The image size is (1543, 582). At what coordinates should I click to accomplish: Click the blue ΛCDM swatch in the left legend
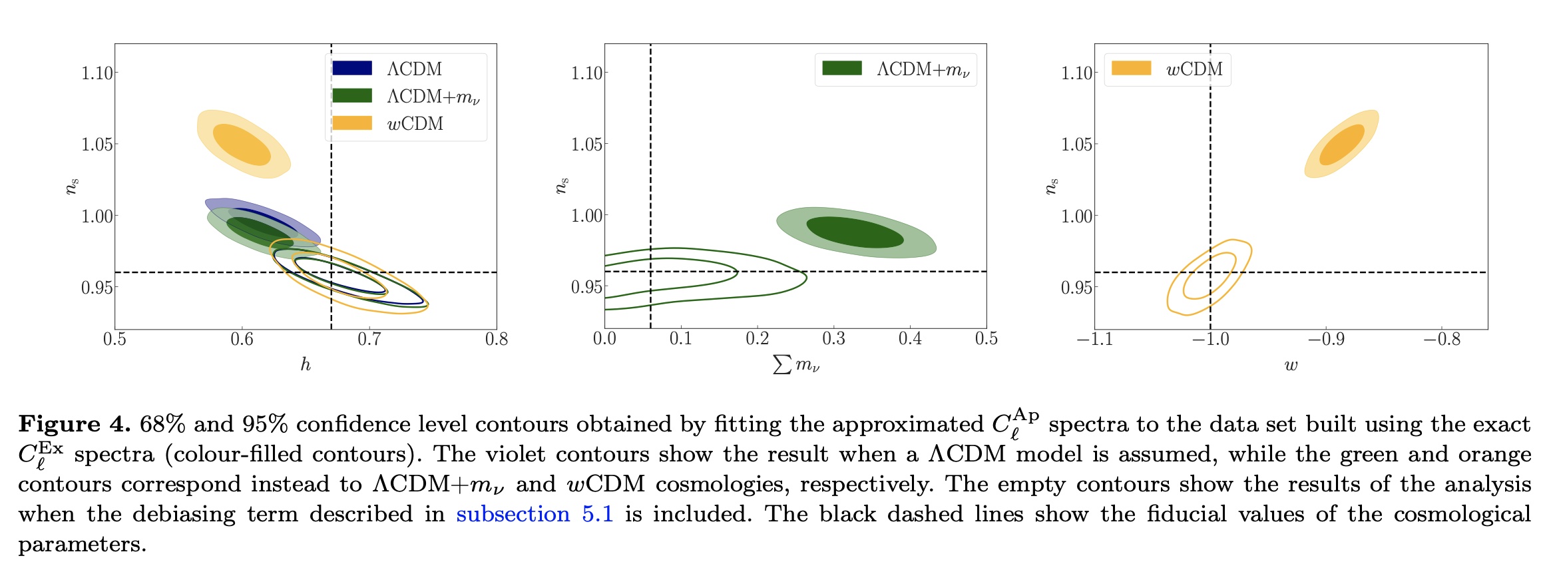coord(352,68)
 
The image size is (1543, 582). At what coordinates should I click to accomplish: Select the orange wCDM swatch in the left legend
coord(352,123)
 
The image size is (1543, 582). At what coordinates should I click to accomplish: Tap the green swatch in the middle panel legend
coord(842,68)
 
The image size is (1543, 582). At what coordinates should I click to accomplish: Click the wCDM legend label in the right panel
coord(1194,69)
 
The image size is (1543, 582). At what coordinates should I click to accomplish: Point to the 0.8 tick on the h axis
coord(497,340)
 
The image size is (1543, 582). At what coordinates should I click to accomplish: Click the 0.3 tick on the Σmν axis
coord(833,340)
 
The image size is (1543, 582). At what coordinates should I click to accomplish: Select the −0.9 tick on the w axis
coord(1325,340)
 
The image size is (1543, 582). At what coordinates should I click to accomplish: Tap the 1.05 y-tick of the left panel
coord(97,145)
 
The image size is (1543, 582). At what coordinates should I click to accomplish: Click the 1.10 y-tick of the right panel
coord(1076,73)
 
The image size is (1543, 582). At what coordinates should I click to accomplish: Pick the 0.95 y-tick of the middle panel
coord(587,287)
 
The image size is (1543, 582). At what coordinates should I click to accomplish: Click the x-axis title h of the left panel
coord(306,364)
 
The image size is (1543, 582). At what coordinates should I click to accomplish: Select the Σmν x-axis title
coord(796,364)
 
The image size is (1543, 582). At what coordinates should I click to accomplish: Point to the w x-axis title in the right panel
coord(1291,365)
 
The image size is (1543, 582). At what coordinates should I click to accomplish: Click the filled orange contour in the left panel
coord(243,145)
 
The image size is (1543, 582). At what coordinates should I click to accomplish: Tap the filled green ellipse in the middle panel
coord(855,232)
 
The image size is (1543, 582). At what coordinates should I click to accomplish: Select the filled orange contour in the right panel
coord(1342,144)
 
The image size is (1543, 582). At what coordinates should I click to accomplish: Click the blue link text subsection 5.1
coord(535,514)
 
